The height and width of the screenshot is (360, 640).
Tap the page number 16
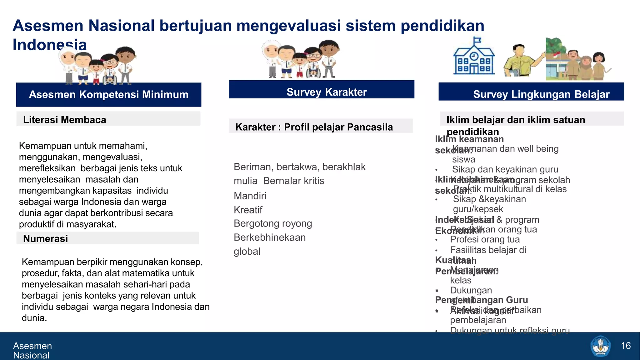[626, 346]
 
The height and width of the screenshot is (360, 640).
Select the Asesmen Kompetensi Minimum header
[108, 94]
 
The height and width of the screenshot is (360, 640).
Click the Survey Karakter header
[327, 92]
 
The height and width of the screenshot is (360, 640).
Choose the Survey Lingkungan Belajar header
[541, 94]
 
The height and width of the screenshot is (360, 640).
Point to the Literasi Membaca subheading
[64, 120]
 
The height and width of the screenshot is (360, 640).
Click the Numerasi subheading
[45, 238]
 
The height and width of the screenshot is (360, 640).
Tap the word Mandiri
[250, 196]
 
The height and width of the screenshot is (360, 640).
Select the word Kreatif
[248, 210]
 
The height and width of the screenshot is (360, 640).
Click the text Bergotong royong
[273, 223]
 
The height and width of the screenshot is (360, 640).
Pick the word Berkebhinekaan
[270, 237]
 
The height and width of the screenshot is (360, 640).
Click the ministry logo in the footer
[600, 346]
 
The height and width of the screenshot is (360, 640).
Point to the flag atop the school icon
[477, 40]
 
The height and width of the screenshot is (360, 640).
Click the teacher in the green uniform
[519, 61]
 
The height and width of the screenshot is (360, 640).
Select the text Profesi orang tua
[485, 239]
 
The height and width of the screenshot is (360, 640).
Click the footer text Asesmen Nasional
[32, 350]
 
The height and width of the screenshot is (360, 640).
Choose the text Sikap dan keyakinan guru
[505, 169]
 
